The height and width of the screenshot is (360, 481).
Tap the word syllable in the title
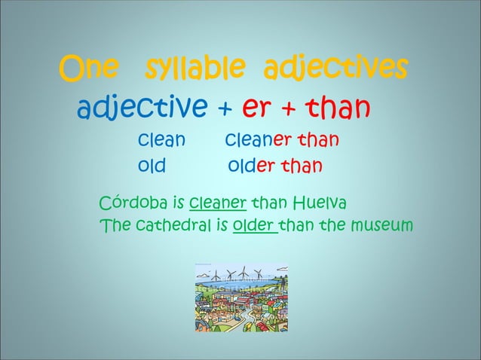coord(194,71)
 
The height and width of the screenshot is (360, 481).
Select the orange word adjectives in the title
coord(335,71)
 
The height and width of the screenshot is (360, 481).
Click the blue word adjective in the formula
coord(142,110)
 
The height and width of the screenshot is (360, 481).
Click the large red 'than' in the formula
coord(337,110)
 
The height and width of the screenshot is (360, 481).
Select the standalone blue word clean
coord(161,141)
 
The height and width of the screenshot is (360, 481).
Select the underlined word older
coord(254,224)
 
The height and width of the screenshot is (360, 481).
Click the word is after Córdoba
coord(179,203)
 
